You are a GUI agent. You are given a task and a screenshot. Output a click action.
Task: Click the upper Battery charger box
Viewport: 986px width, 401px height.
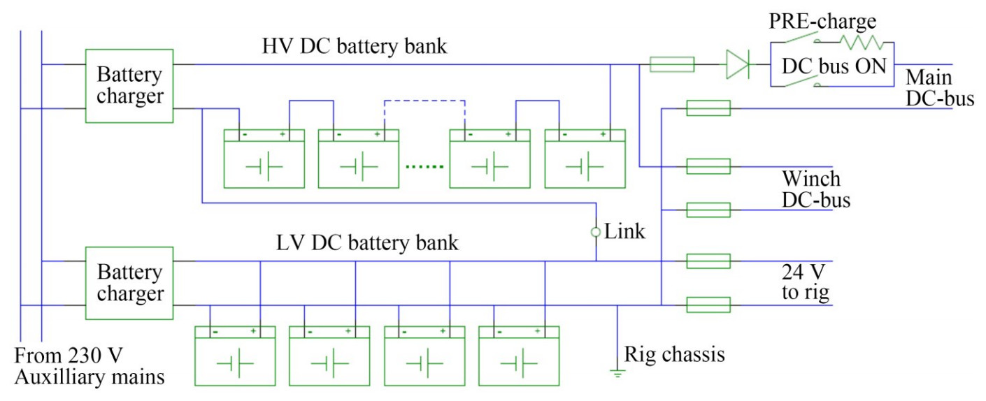(129, 85)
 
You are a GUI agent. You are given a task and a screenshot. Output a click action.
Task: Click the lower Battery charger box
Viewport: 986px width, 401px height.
(129, 282)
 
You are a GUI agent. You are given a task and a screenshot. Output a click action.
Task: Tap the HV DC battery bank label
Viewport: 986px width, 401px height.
(355, 47)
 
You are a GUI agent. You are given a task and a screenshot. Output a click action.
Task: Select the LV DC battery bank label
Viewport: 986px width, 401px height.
(368, 243)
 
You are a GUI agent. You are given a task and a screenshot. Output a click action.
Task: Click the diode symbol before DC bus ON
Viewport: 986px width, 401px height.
(737, 65)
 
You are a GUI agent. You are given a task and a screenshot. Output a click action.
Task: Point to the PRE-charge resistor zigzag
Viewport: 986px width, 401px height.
(862, 43)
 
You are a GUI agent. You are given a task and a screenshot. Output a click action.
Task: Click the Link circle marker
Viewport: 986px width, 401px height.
(596, 232)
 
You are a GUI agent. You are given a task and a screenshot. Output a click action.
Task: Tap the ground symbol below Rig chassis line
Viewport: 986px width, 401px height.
(616, 372)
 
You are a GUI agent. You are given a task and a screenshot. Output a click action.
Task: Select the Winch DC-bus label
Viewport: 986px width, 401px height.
(816, 189)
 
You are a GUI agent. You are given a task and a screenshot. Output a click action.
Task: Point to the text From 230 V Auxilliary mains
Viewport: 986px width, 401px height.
(90, 367)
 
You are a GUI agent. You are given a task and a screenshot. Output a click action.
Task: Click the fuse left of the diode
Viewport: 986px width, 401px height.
(672, 65)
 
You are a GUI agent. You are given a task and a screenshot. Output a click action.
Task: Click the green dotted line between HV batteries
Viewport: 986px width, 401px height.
(424, 168)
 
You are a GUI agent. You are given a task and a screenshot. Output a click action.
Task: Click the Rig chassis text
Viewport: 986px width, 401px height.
(675, 354)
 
